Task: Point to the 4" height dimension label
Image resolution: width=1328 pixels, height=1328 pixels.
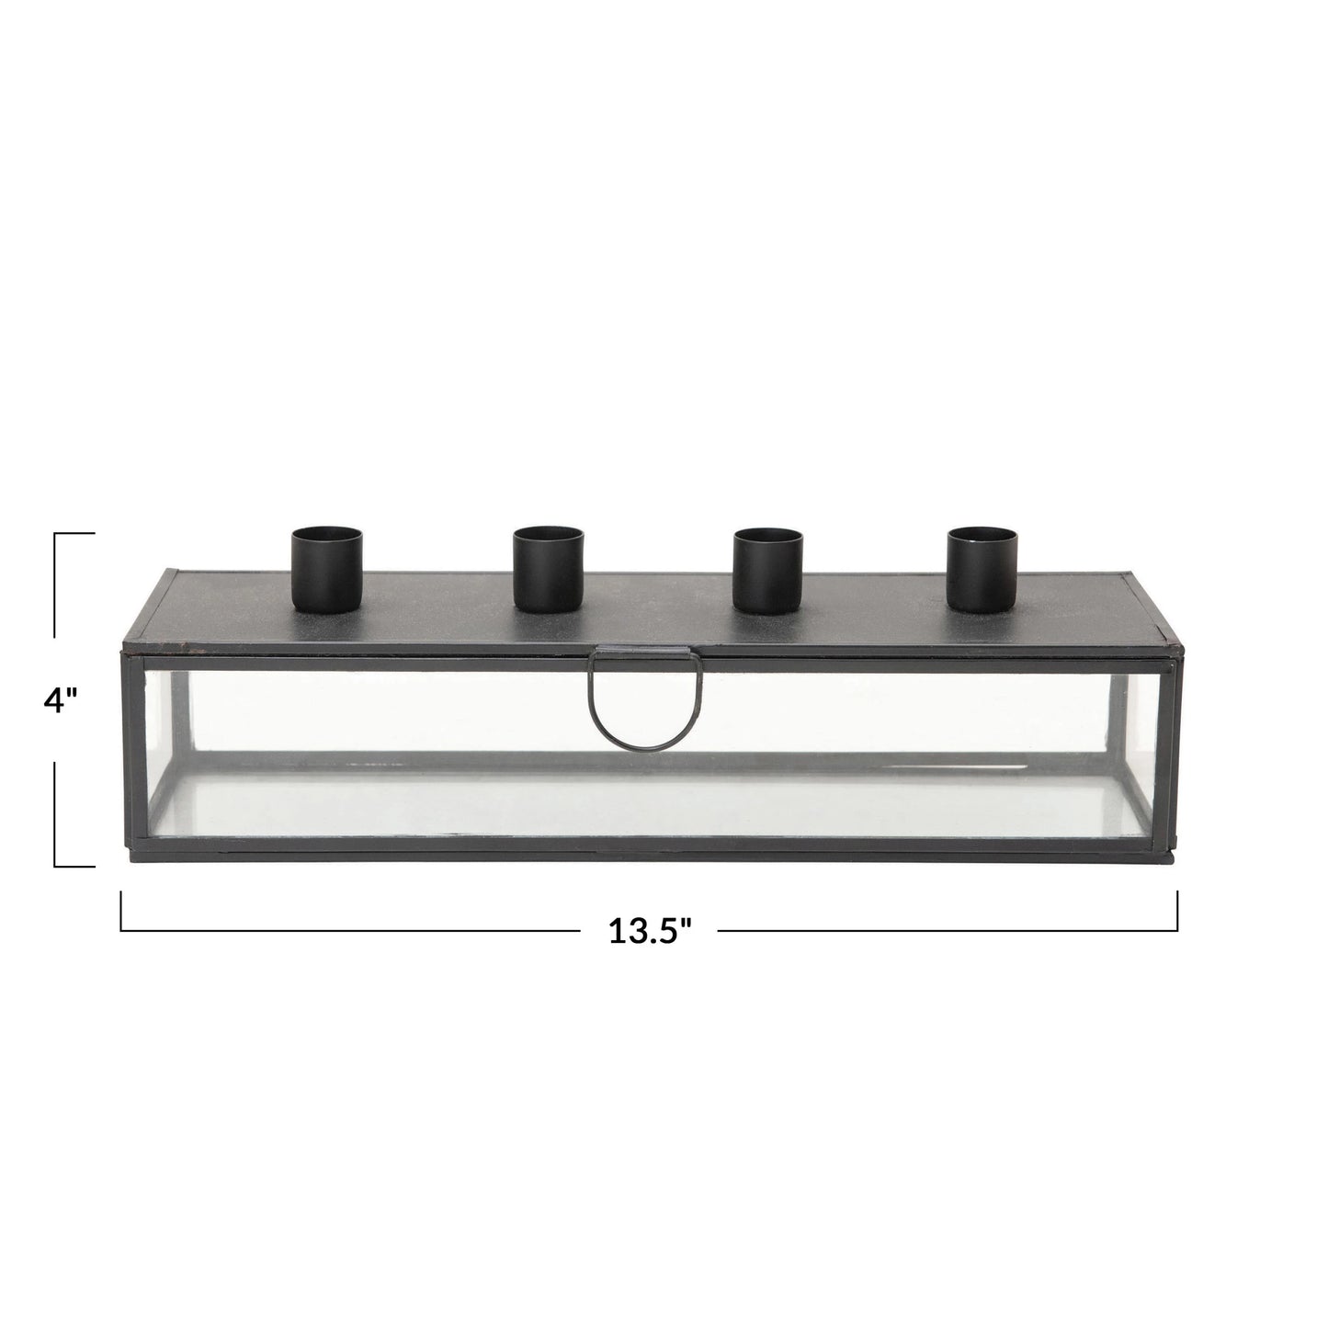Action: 61,700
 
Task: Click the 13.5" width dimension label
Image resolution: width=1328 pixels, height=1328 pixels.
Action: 650,932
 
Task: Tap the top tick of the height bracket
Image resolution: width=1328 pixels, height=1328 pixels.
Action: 74,534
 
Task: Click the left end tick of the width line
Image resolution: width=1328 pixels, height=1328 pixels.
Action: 122,911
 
